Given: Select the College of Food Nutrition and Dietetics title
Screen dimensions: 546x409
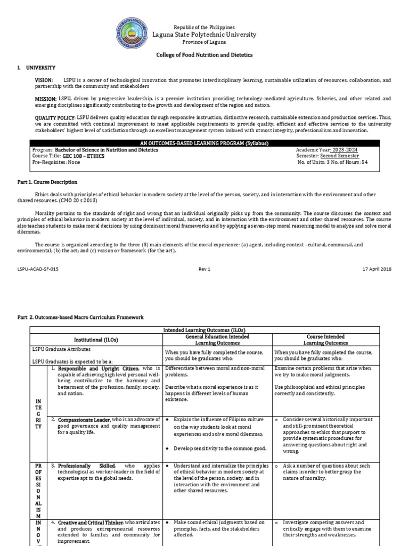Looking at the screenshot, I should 204,55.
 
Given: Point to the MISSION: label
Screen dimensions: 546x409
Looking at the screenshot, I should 46,99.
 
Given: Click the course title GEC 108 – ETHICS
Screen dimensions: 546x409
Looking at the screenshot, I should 84,156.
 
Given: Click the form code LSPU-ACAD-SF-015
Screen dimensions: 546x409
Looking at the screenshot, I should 38,269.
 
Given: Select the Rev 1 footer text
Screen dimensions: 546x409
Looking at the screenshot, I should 205,269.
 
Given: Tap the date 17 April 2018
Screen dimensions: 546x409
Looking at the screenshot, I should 377,269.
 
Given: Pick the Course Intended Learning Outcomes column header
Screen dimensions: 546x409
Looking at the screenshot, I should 326,340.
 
